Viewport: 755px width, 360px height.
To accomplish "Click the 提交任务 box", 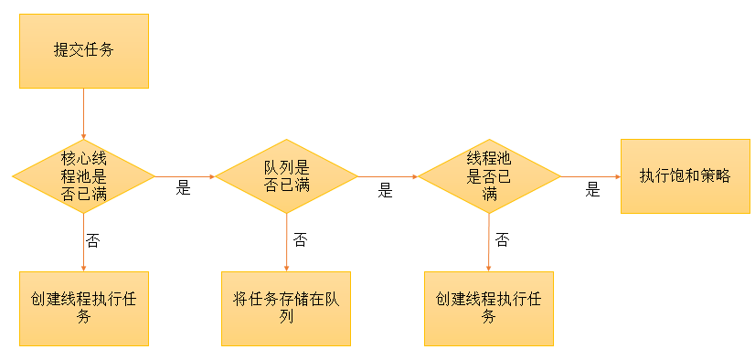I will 83,50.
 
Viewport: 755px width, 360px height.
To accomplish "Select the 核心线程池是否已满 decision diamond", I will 83,175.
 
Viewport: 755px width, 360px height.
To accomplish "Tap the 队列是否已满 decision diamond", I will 286,175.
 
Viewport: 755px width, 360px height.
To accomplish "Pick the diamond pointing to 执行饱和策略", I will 488,175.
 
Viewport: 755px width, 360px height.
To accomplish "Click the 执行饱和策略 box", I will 685,175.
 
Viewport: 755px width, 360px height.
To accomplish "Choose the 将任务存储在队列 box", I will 286,308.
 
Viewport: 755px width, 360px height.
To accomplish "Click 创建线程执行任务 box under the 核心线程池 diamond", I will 83,308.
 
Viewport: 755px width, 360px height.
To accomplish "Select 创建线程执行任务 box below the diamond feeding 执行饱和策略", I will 488,308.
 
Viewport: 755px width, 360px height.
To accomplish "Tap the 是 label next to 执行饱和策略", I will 592,190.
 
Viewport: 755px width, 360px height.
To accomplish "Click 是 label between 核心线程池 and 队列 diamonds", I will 183,188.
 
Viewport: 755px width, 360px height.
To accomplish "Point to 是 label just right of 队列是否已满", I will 385,190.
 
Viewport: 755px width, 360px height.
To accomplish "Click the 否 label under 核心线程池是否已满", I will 93,240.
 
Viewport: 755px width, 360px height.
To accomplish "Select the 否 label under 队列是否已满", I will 300,239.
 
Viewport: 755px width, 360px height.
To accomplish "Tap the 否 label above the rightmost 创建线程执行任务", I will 502,239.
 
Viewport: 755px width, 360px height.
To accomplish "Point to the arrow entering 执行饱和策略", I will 590,175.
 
